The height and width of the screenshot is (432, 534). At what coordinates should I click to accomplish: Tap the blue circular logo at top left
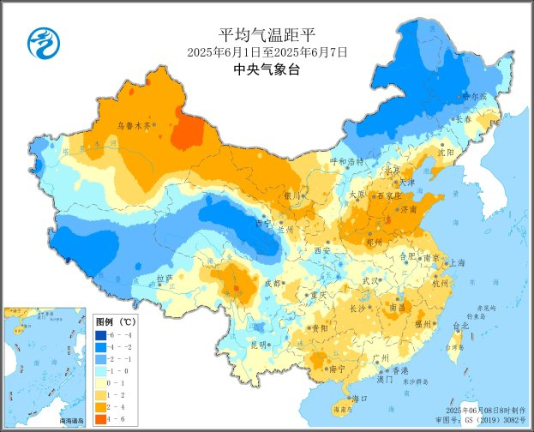click(x=40, y=40)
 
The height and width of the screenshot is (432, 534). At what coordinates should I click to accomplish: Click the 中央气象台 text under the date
click(x=267, y=71)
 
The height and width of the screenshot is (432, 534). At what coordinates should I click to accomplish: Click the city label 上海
click(x=457, y=263)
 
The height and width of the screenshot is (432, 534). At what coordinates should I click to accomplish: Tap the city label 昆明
click(x=234, y=345)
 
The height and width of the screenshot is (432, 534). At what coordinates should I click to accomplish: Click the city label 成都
click(x=272, y=283)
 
